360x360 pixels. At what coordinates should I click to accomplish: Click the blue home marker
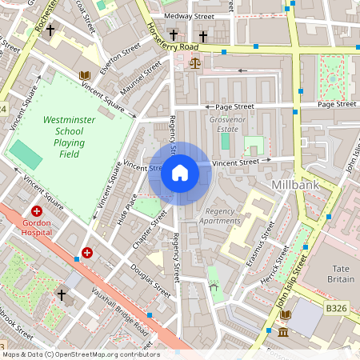(180, 173)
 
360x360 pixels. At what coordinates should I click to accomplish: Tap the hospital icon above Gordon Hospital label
(37, 210)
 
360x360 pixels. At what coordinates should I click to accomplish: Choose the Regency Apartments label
(218, 216)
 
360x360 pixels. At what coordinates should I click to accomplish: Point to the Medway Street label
(188, 15)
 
